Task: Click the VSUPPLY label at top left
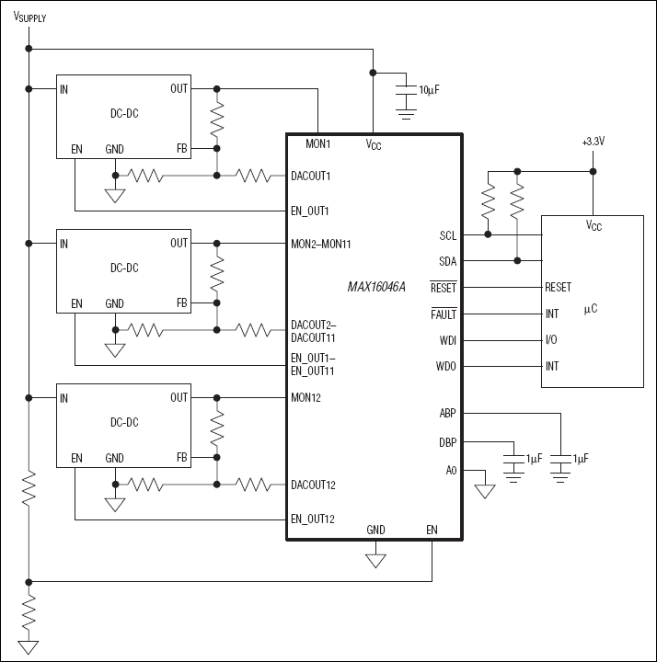(x=29, y=17)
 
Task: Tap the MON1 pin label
(x=317, y=144)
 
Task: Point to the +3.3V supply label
(x=594, y=142)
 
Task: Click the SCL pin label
(x=447, y=235)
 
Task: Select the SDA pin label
(x=447, y=261)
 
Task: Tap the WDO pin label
(x=445, y=367)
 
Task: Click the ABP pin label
(x=447, y=414)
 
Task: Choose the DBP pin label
(x=447, y=442)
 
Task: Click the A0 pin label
(x=450, y=470)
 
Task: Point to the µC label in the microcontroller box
(x=590, y=308)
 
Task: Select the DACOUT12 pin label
(x=313, y=485)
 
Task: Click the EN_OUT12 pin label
(x=313, y=519)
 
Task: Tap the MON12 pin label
(x=305, y=398)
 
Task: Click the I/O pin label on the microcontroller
(x=551, y=340)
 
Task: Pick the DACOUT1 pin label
(x=310, y=175)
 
